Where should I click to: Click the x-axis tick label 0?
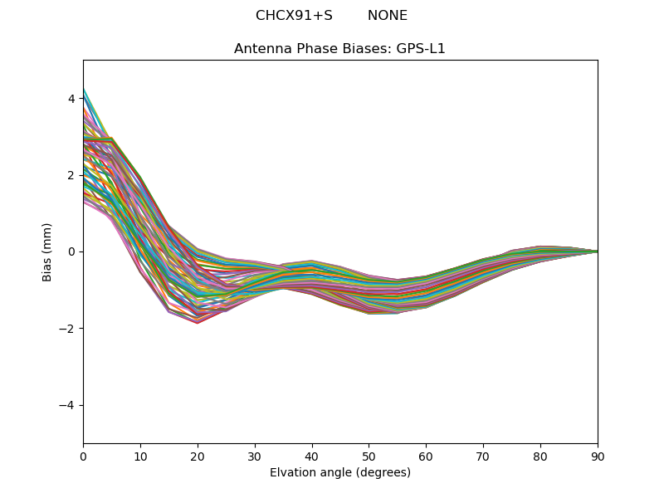click(x=83, y=456)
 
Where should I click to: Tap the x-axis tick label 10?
click(x=140, y=456)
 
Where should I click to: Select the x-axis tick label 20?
click(x=198, y=456)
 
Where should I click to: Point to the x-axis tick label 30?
click(x=255, y=456)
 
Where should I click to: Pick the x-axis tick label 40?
click(x=312, y=456)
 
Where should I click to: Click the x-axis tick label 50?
click(x=369, y=456)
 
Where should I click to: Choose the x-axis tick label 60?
click(x=426, y=456)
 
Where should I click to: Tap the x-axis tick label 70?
click(x=483, y=456)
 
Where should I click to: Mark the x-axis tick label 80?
click(x=540, y=456)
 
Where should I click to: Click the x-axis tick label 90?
click(x=598, y=456)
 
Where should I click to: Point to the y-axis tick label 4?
click(x=71, y=99)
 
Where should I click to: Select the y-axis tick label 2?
click(x=71, y=175)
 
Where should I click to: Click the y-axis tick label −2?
click(x=68, y=329)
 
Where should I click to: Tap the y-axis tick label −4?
click(x=68, y=405)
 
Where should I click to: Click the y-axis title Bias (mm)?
click(x=47, y=251)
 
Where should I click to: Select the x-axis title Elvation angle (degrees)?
click(x=340, y=473)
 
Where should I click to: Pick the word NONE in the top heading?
click(x=388, y=16)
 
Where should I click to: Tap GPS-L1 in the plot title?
click(x=422, y=49)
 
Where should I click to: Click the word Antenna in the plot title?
click(x=261, y=49)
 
